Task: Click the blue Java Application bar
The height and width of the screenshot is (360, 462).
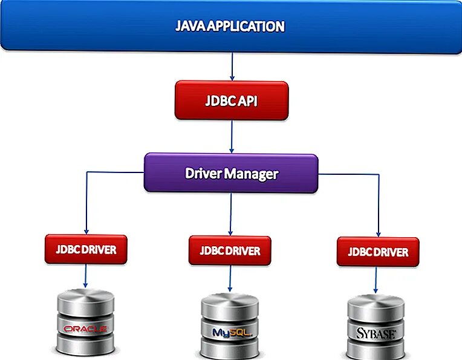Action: [230, 27]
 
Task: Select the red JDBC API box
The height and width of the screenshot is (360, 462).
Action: [231, 100]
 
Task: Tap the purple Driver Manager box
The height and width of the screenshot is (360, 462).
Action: [231, 174]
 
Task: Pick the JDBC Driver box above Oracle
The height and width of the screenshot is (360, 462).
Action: [86, 249]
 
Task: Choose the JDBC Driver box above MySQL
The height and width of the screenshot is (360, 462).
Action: [230, 250]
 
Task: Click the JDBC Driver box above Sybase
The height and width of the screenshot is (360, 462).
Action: [378, 252]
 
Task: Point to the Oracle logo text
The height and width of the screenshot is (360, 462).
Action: [85, 329]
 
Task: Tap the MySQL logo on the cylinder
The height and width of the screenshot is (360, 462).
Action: [230, 332]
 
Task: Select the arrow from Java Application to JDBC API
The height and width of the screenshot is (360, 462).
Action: [232, 67]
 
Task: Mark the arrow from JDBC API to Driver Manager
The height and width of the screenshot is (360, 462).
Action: [232, 136]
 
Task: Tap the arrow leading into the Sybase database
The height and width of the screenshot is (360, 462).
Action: [377, 281]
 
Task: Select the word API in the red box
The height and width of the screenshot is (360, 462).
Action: [247, 100]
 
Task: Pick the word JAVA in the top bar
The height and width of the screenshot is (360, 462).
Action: [190, 27]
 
